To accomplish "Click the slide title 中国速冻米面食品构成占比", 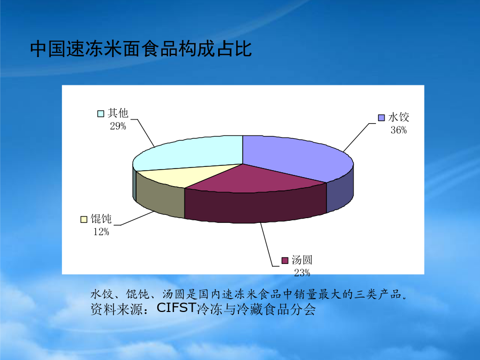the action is click(x=141, y=49).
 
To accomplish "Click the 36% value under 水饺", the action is click(x=398, y=131).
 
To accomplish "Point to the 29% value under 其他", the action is click(x=118, y=126).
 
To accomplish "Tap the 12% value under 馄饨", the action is click(x=101, y=232).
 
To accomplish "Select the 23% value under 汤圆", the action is click(x=302, y=273).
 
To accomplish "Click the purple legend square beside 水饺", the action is click(x=381, y=118).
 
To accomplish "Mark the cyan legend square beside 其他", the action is click(x=101, y=114).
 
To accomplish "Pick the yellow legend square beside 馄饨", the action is click(x=84, y=220).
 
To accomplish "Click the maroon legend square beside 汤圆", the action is click(x=285, y=260).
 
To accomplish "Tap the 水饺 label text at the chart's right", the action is click(x=398, y=117).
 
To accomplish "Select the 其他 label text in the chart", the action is click(x=118, y=113).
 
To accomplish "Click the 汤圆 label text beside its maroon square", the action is click(x=302, y=260).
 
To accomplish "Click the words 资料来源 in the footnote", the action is click(x=116, y=309).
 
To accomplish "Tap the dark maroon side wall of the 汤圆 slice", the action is click(x=255, y=206).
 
